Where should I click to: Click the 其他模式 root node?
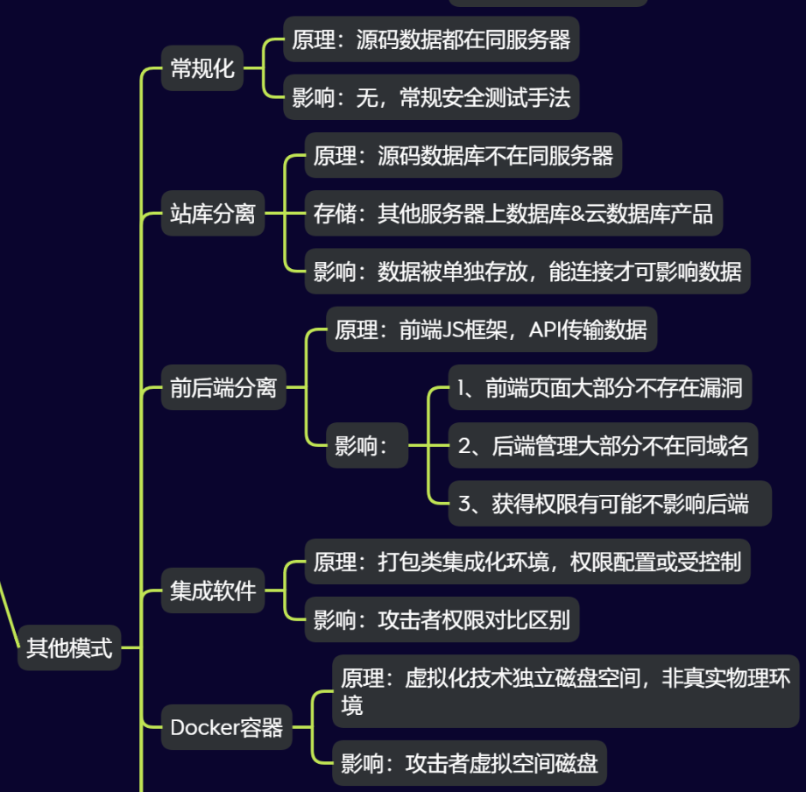pos(69,648)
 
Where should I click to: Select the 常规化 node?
pos(202,68)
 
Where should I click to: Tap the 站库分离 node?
pos(213,213)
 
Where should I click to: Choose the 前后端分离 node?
pos(223,388)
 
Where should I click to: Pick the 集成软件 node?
pos(213,591)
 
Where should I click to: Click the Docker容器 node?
pos(226,727)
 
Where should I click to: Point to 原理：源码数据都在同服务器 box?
pos(431,39)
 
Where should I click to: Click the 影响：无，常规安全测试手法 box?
pos(431,97)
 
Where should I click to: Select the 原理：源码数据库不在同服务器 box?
pos(463,156)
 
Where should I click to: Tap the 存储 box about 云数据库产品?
pos(513,213)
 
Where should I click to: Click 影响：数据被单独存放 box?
pos(527,271)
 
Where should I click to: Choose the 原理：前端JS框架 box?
pos(491,329)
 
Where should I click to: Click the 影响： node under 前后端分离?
pos(362,446)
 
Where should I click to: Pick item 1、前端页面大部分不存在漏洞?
pos(599,388)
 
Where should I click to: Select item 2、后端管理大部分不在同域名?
pos(603,446)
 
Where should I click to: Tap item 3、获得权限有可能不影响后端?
pos(610,503)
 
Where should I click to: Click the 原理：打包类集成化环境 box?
pos(527,562)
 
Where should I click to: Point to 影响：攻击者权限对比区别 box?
pos(442,619)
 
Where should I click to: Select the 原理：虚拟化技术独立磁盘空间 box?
pos(566,690)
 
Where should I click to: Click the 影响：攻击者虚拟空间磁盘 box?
pos(470,763)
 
